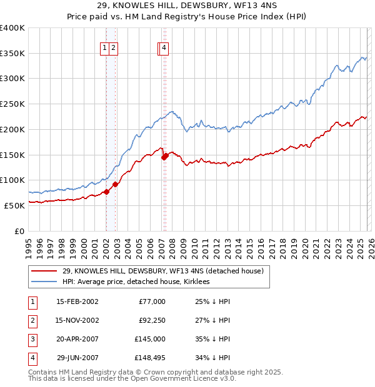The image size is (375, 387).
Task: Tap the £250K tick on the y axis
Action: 12,104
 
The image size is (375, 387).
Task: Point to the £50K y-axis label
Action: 14,205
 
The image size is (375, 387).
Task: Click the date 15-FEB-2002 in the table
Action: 77,302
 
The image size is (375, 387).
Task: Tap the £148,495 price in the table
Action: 149,358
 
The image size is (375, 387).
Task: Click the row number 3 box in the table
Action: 32,340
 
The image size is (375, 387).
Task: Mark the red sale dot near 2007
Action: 165,157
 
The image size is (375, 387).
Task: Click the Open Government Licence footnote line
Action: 132,379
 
